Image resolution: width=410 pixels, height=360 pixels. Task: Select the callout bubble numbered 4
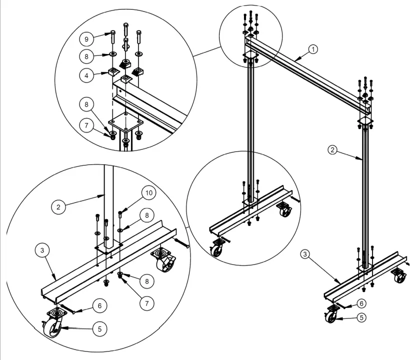(x=86, y=75)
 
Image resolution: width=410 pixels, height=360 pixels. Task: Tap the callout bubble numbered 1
(x=313, y=49)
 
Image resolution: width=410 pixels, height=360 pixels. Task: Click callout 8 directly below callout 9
(x=86, y=56)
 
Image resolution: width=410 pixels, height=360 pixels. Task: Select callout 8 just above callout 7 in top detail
(x=86, y=104)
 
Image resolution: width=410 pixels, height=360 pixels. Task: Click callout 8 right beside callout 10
(x=146, y=216)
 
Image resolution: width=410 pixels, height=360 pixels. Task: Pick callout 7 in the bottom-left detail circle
(x=146, y=302)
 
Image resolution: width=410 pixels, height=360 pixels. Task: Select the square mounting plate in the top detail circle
(x=125, y=123)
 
